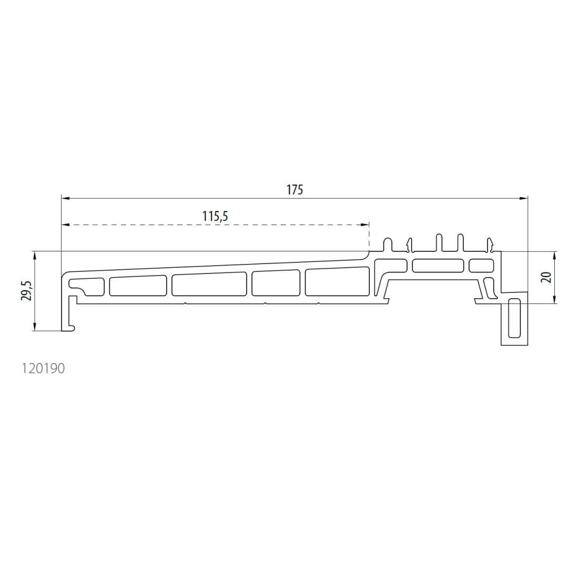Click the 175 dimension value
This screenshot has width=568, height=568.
click(295, 190)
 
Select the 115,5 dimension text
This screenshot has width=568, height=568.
click(215, 216)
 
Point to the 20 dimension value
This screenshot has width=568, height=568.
click(547, 277)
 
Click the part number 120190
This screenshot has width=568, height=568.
click(43, 368)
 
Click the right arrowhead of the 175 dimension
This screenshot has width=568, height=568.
click(523, 198)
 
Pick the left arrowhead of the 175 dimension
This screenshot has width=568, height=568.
click(66, 198)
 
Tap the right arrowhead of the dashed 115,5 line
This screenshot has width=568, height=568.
click(364, 225)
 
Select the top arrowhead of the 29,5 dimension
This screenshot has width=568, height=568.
click(35, 256)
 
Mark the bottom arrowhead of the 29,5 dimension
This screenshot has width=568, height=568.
click(35, 326)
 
